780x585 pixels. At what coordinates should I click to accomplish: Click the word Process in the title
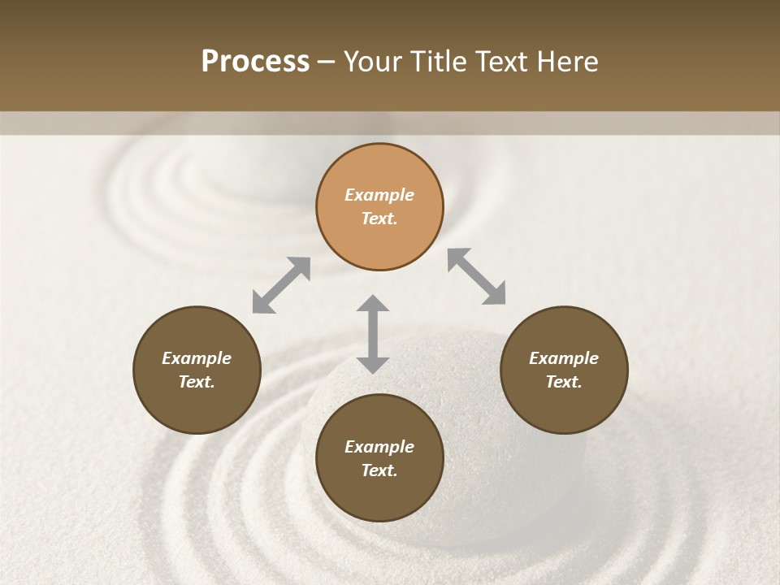255,62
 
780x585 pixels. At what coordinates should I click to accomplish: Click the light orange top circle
379,206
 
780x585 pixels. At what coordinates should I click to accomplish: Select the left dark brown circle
197,370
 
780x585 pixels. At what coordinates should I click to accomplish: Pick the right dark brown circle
564,370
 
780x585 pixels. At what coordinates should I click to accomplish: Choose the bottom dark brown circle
379,458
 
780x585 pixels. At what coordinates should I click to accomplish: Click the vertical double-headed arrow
373,334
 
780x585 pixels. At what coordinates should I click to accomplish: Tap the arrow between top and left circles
281,285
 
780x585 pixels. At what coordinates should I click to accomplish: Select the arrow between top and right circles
477,276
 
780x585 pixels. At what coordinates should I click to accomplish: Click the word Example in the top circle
379,195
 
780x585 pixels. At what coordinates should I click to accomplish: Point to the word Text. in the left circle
197,382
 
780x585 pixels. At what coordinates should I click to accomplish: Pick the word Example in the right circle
564,358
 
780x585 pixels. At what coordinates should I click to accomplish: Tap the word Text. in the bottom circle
379,470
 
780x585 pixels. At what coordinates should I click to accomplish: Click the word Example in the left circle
197,358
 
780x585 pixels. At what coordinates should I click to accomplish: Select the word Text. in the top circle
379,219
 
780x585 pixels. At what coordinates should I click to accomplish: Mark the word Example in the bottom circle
379,447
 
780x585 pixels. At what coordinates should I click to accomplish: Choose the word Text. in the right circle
564,382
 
